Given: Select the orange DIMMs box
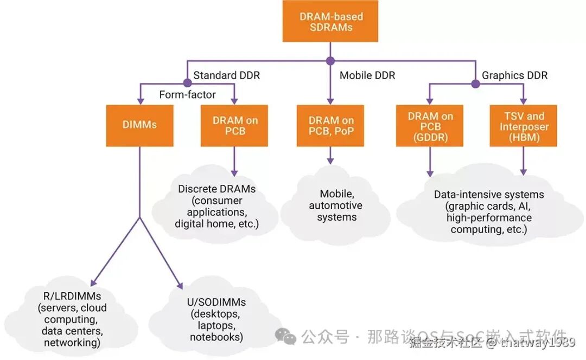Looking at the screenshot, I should tap(139, 125).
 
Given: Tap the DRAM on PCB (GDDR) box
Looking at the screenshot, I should tap(430, 126).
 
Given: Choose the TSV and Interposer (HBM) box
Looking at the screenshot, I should tap(523, 126).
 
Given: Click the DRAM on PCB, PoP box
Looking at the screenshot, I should tap(330, 126).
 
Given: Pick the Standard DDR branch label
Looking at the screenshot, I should tap(226, 75).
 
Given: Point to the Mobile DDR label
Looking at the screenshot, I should tap(367, 75).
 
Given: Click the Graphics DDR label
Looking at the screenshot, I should tap(514, 75).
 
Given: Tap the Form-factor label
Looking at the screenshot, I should tap(187, 95).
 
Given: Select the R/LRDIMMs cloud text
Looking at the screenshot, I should tap(72, 319).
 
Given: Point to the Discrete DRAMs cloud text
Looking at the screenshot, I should tap(216, 206).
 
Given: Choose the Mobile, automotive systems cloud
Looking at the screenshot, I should tap(335, 205).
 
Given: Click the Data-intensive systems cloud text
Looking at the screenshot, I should tap(489, 212).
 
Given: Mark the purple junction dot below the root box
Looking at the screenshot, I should tap(330, 61).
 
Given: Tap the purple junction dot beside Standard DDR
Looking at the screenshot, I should tap(187, 83).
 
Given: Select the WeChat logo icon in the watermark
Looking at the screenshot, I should tap(285, 336).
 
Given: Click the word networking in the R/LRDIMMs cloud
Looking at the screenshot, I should tap(72, 342).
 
